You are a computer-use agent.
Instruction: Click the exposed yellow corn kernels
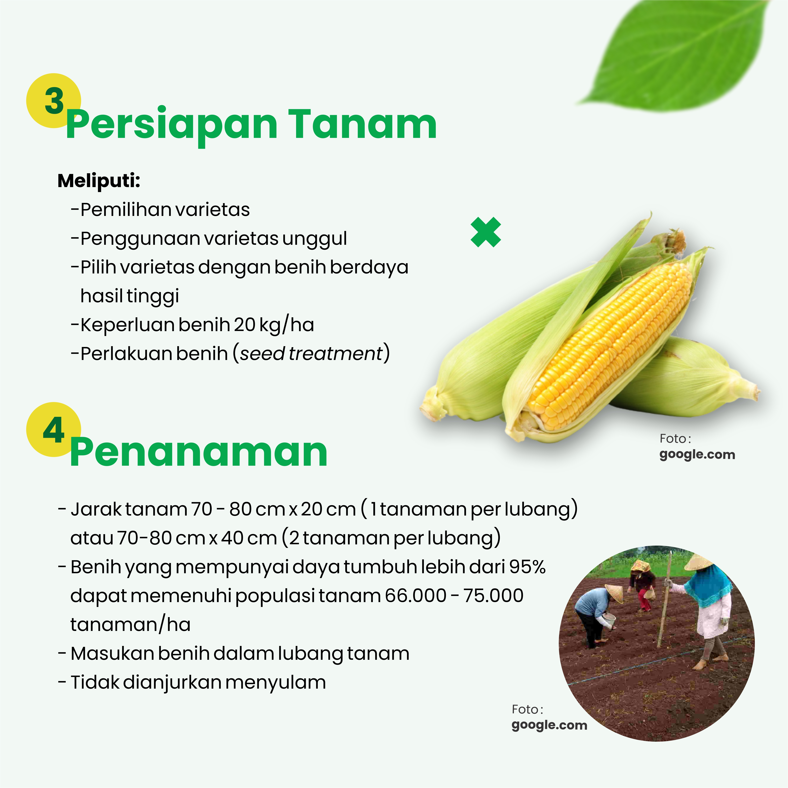(x=612, y=347)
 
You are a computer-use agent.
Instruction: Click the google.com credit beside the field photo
(x=549, y=725)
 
